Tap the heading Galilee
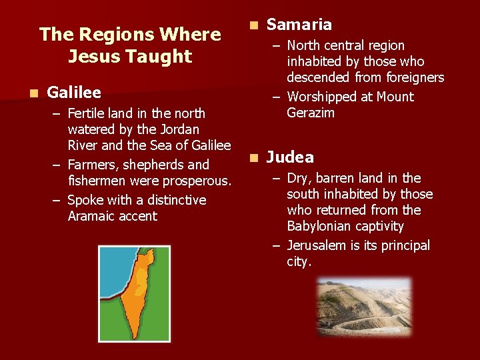click(x=74, y=92)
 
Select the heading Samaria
click(x=299, y=25)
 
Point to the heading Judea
click(x=290, y=157)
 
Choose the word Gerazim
click(x=311, y=113)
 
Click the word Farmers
click(x=93, y=165)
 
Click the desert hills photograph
click(x=363, y=306)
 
